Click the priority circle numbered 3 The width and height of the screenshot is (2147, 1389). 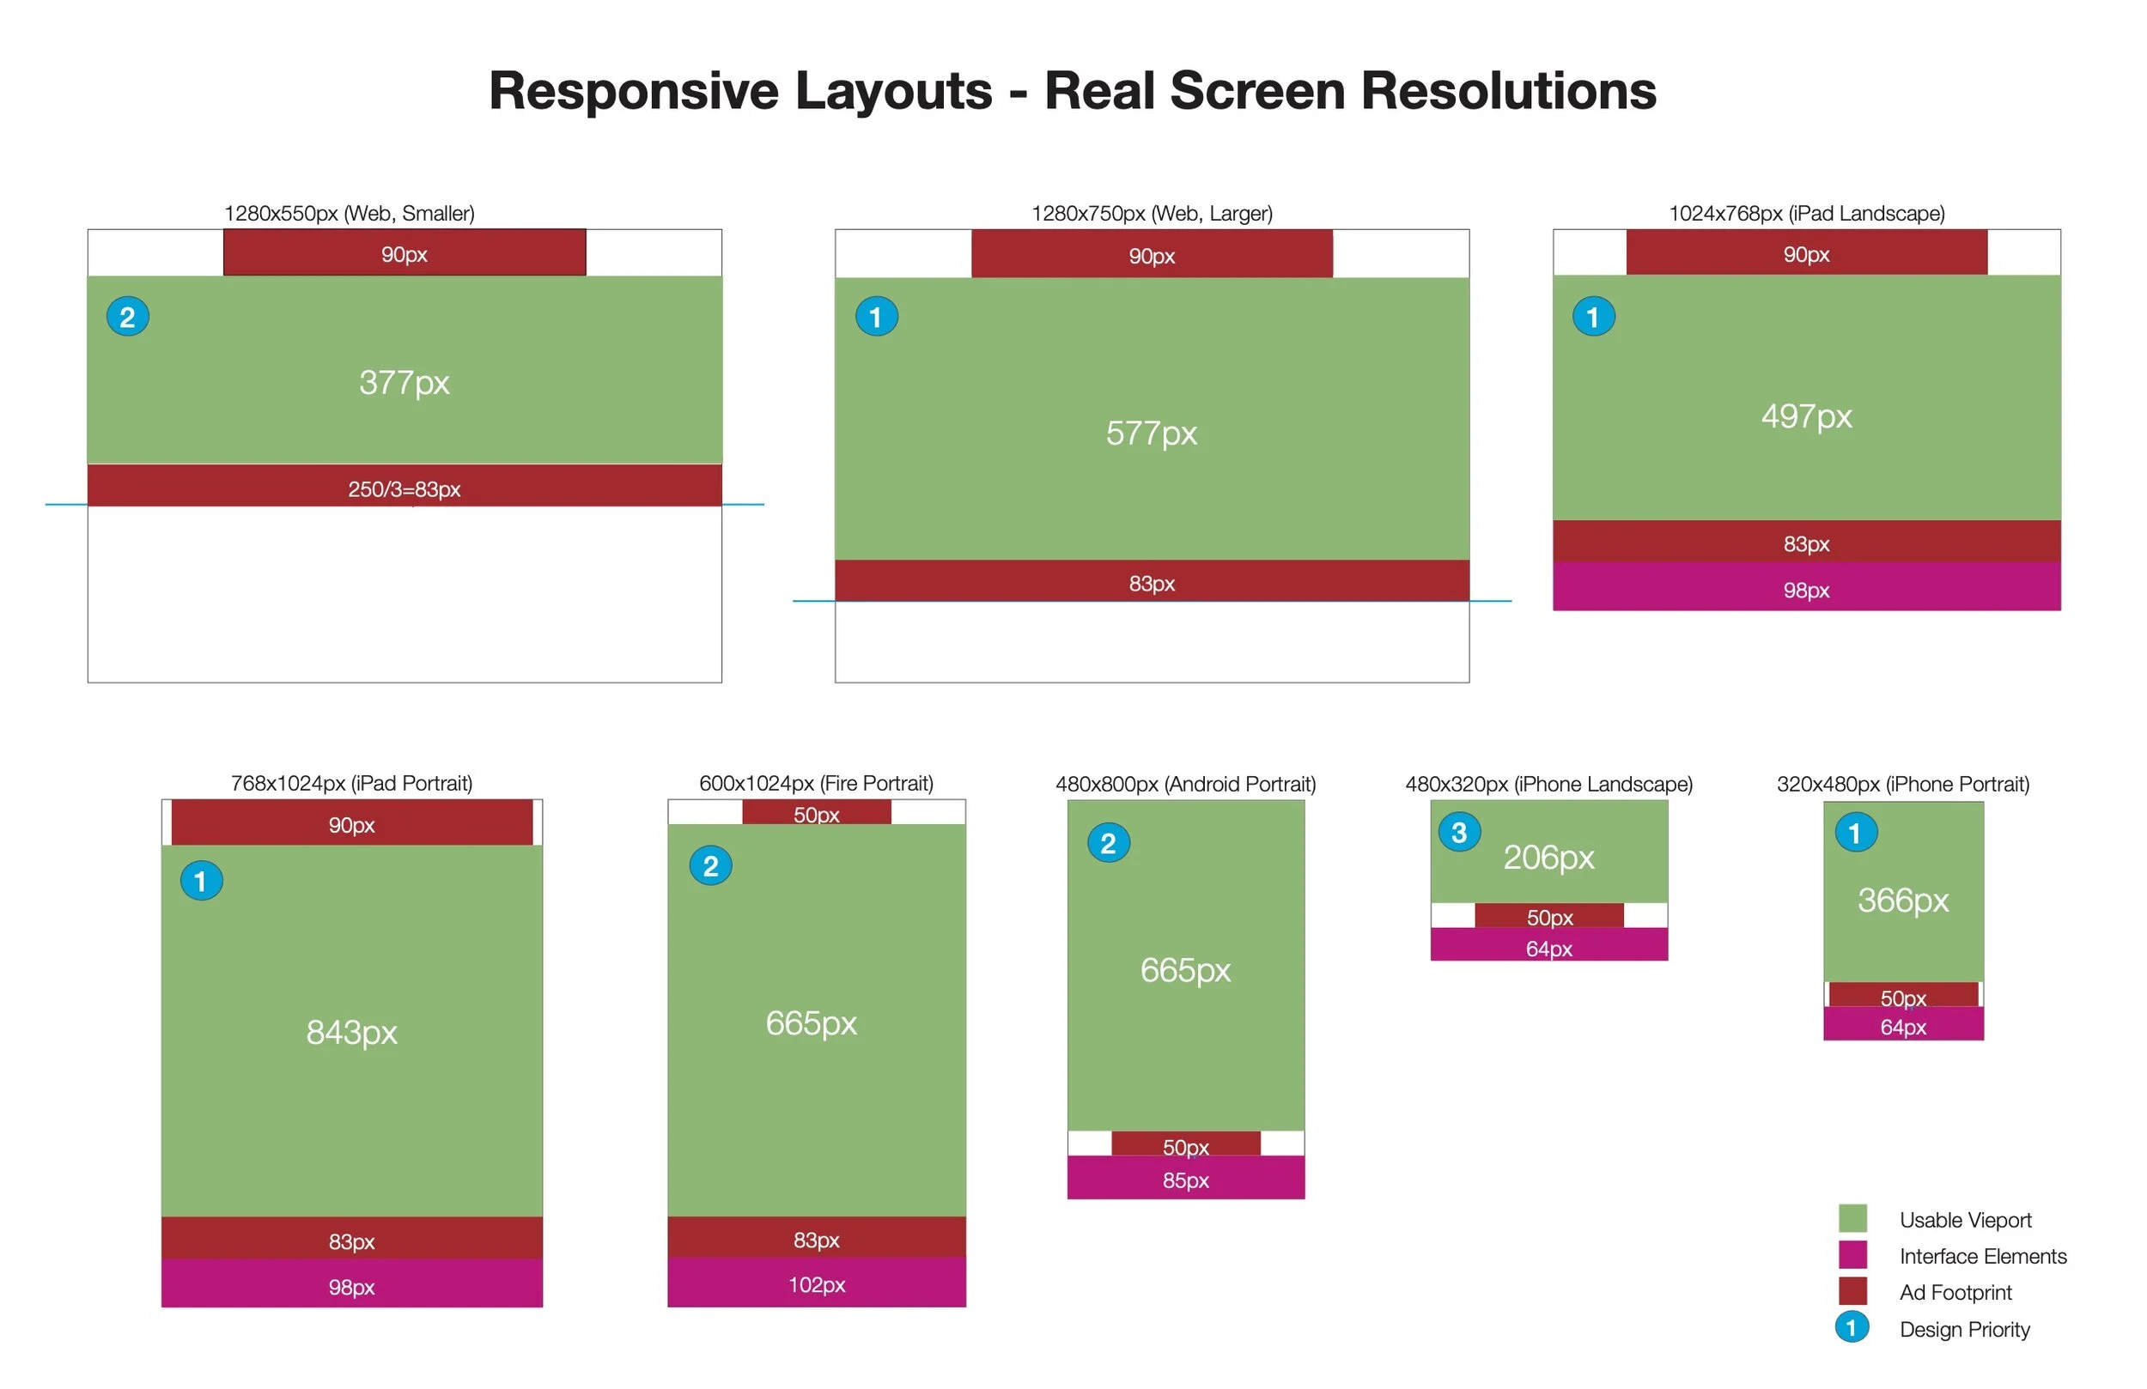coord(1459,832)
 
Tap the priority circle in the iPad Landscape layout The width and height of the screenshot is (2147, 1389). coord(1593,317)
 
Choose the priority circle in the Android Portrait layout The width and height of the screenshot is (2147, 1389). coord(1108,842)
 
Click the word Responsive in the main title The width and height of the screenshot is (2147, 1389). coord(633,91)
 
